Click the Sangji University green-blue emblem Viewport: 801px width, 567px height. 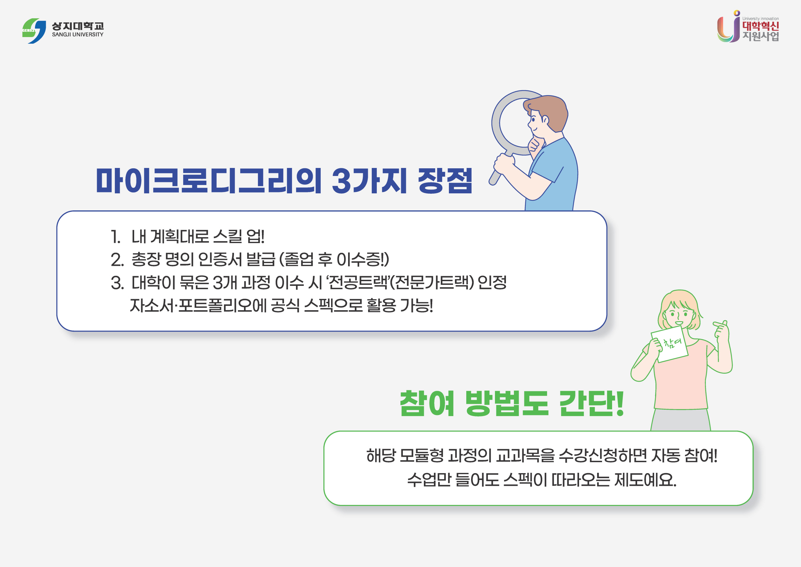[34, 31]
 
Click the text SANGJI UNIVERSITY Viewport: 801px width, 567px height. [77, 35]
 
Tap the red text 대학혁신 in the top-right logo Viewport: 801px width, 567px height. [760, 26]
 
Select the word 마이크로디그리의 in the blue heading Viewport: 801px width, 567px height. [208, 181]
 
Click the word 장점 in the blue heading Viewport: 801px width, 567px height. [445, 181]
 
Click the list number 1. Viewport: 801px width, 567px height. [115, 237]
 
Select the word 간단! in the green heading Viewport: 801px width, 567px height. [591, 404]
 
